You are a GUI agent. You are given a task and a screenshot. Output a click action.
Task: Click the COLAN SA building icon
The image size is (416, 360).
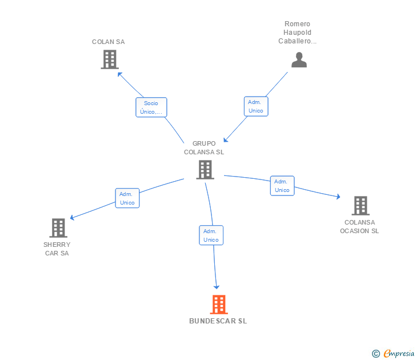coord(109,59)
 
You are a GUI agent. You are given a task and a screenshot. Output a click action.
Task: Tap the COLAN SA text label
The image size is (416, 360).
coord(109,42)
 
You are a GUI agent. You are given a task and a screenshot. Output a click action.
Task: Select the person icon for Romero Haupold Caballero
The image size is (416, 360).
coord(299,60)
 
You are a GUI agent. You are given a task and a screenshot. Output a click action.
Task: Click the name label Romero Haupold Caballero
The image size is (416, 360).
coord(297,33)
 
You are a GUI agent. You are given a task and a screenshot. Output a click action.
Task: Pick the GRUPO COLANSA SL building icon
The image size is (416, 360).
coord(205,170)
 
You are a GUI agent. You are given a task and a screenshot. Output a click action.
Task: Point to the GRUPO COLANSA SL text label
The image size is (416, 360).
coord(204,148)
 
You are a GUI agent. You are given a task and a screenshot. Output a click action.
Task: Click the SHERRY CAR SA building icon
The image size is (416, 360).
coord(58,228)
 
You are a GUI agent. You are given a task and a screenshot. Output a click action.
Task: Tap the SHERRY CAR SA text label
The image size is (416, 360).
coord(57,249)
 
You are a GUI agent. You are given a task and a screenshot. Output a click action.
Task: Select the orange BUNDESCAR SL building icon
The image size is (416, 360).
coord(218,305)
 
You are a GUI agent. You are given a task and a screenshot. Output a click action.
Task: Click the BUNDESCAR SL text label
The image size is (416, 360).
coord(218,321)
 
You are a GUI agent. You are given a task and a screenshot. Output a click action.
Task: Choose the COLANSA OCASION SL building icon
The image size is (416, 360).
coord(360,206)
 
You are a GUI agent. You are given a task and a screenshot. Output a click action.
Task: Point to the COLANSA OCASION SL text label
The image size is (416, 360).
coord(359,227)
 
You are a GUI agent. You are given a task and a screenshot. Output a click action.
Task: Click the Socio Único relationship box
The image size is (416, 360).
coord(151,107)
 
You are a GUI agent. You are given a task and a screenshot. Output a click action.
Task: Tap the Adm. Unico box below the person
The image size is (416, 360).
coord(256,106)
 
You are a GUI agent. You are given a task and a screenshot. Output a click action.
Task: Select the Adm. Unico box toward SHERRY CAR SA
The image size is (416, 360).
coord(127,198)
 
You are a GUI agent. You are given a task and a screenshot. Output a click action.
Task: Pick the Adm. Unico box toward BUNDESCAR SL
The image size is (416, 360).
coord(211,235)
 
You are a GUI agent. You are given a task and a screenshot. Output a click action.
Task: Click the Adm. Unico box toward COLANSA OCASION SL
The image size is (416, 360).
coord(282,186)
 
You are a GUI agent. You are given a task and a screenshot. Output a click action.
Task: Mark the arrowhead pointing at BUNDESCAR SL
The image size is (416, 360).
coord(217,287)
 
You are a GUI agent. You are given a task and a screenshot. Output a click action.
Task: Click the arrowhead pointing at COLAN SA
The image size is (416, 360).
coord(119,73)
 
